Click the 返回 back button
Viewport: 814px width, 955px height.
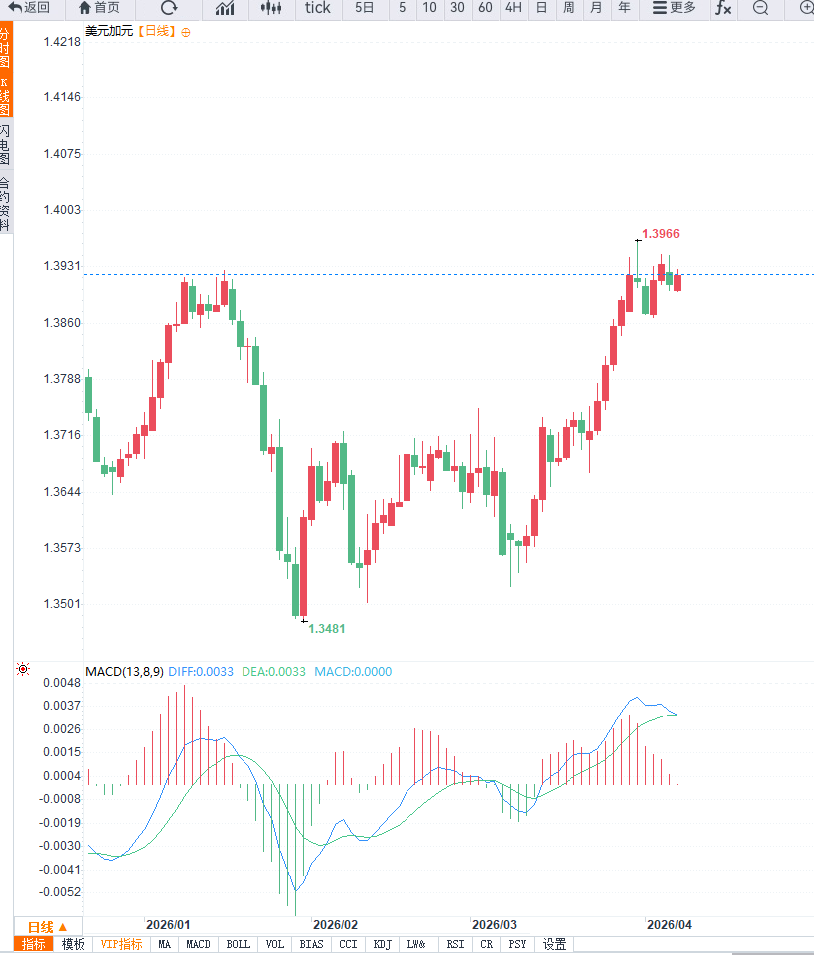(29, 8)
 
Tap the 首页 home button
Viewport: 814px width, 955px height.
(99, 8)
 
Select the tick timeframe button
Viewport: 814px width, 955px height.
(318, 8)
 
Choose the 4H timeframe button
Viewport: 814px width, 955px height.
(513, 8)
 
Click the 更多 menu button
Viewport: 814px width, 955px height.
(674, 8)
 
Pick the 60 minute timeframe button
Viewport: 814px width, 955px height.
(485, 8)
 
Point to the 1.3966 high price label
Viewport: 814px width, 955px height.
(661, 234)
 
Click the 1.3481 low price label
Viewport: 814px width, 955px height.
(327, 629)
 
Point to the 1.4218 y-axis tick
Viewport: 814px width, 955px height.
(62, 42)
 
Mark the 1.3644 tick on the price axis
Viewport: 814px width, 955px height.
(62, 491)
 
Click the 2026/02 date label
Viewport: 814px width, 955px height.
(334, 924)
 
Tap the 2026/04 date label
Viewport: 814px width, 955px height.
(669, 924)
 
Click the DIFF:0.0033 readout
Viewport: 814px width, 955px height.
(201, 672)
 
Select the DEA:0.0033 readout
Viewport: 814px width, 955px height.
(273, 672)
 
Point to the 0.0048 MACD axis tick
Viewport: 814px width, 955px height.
(62, 683)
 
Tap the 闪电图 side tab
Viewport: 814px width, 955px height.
(6, 145)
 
